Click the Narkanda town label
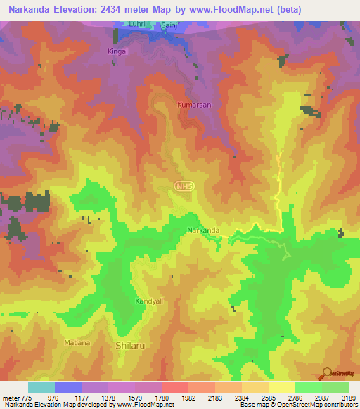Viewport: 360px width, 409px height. tap(204, 231)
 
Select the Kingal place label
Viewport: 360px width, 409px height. tap(119, 51)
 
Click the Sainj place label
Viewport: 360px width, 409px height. tap(169, 25)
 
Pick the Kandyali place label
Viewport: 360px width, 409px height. tap(150, 301)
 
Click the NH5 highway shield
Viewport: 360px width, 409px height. tap(184, 186)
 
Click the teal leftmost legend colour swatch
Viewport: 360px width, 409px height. tap(41, 387)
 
